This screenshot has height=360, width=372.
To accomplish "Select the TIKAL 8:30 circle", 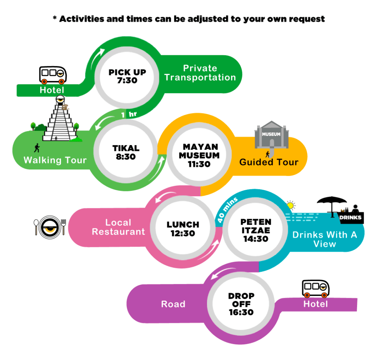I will [126, 152].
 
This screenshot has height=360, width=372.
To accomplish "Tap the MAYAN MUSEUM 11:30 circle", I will [201, 155].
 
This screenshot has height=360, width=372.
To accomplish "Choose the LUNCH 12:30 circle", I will [183, 229].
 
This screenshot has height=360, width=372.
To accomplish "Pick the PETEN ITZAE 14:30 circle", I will [256, 230].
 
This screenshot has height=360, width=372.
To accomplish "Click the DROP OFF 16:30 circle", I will [241, 304].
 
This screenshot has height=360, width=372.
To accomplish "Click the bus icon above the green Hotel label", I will [53, 75].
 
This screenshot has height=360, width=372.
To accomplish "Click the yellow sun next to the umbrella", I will [290, 205].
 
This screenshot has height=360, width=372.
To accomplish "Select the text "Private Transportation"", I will [200, 73].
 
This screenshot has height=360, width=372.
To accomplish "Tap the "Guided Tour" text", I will [269, 162].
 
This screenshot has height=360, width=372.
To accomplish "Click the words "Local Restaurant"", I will [118, 227].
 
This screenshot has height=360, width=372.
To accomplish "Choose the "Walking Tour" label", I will [55, 160].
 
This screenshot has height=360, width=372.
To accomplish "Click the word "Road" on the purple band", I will [173, 304].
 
